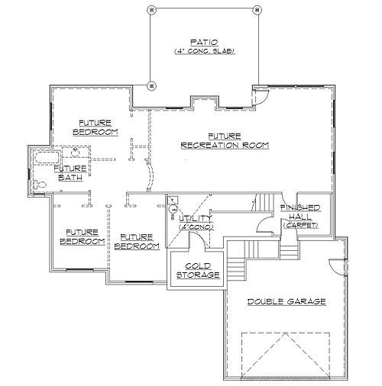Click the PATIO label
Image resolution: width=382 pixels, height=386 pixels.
[204, 42]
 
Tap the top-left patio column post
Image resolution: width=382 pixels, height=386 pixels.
[151, 10]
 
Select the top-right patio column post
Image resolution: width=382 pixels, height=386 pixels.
[257, 10]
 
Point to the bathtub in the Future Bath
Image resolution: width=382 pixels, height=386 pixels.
[47, 158]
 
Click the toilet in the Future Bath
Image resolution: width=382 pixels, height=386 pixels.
[40, 185]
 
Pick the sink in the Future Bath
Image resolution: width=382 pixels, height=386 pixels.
[75, 152]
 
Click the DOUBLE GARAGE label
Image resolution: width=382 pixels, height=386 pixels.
[286, 302]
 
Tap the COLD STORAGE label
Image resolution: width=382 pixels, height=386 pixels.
[198, 271]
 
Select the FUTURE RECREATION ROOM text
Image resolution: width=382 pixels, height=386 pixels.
[225, 141]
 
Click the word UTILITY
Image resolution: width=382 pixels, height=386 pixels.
[195, 218]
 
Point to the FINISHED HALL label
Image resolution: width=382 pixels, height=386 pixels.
[300, 212]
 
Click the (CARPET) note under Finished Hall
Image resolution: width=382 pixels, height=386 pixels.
[300, 225]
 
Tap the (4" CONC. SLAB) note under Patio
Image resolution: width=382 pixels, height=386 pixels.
[204, 51]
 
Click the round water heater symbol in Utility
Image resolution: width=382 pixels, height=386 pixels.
[173, 209]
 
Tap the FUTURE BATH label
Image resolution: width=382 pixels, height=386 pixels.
[70, 173]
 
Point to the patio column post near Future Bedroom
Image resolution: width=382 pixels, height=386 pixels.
[151, 85]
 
